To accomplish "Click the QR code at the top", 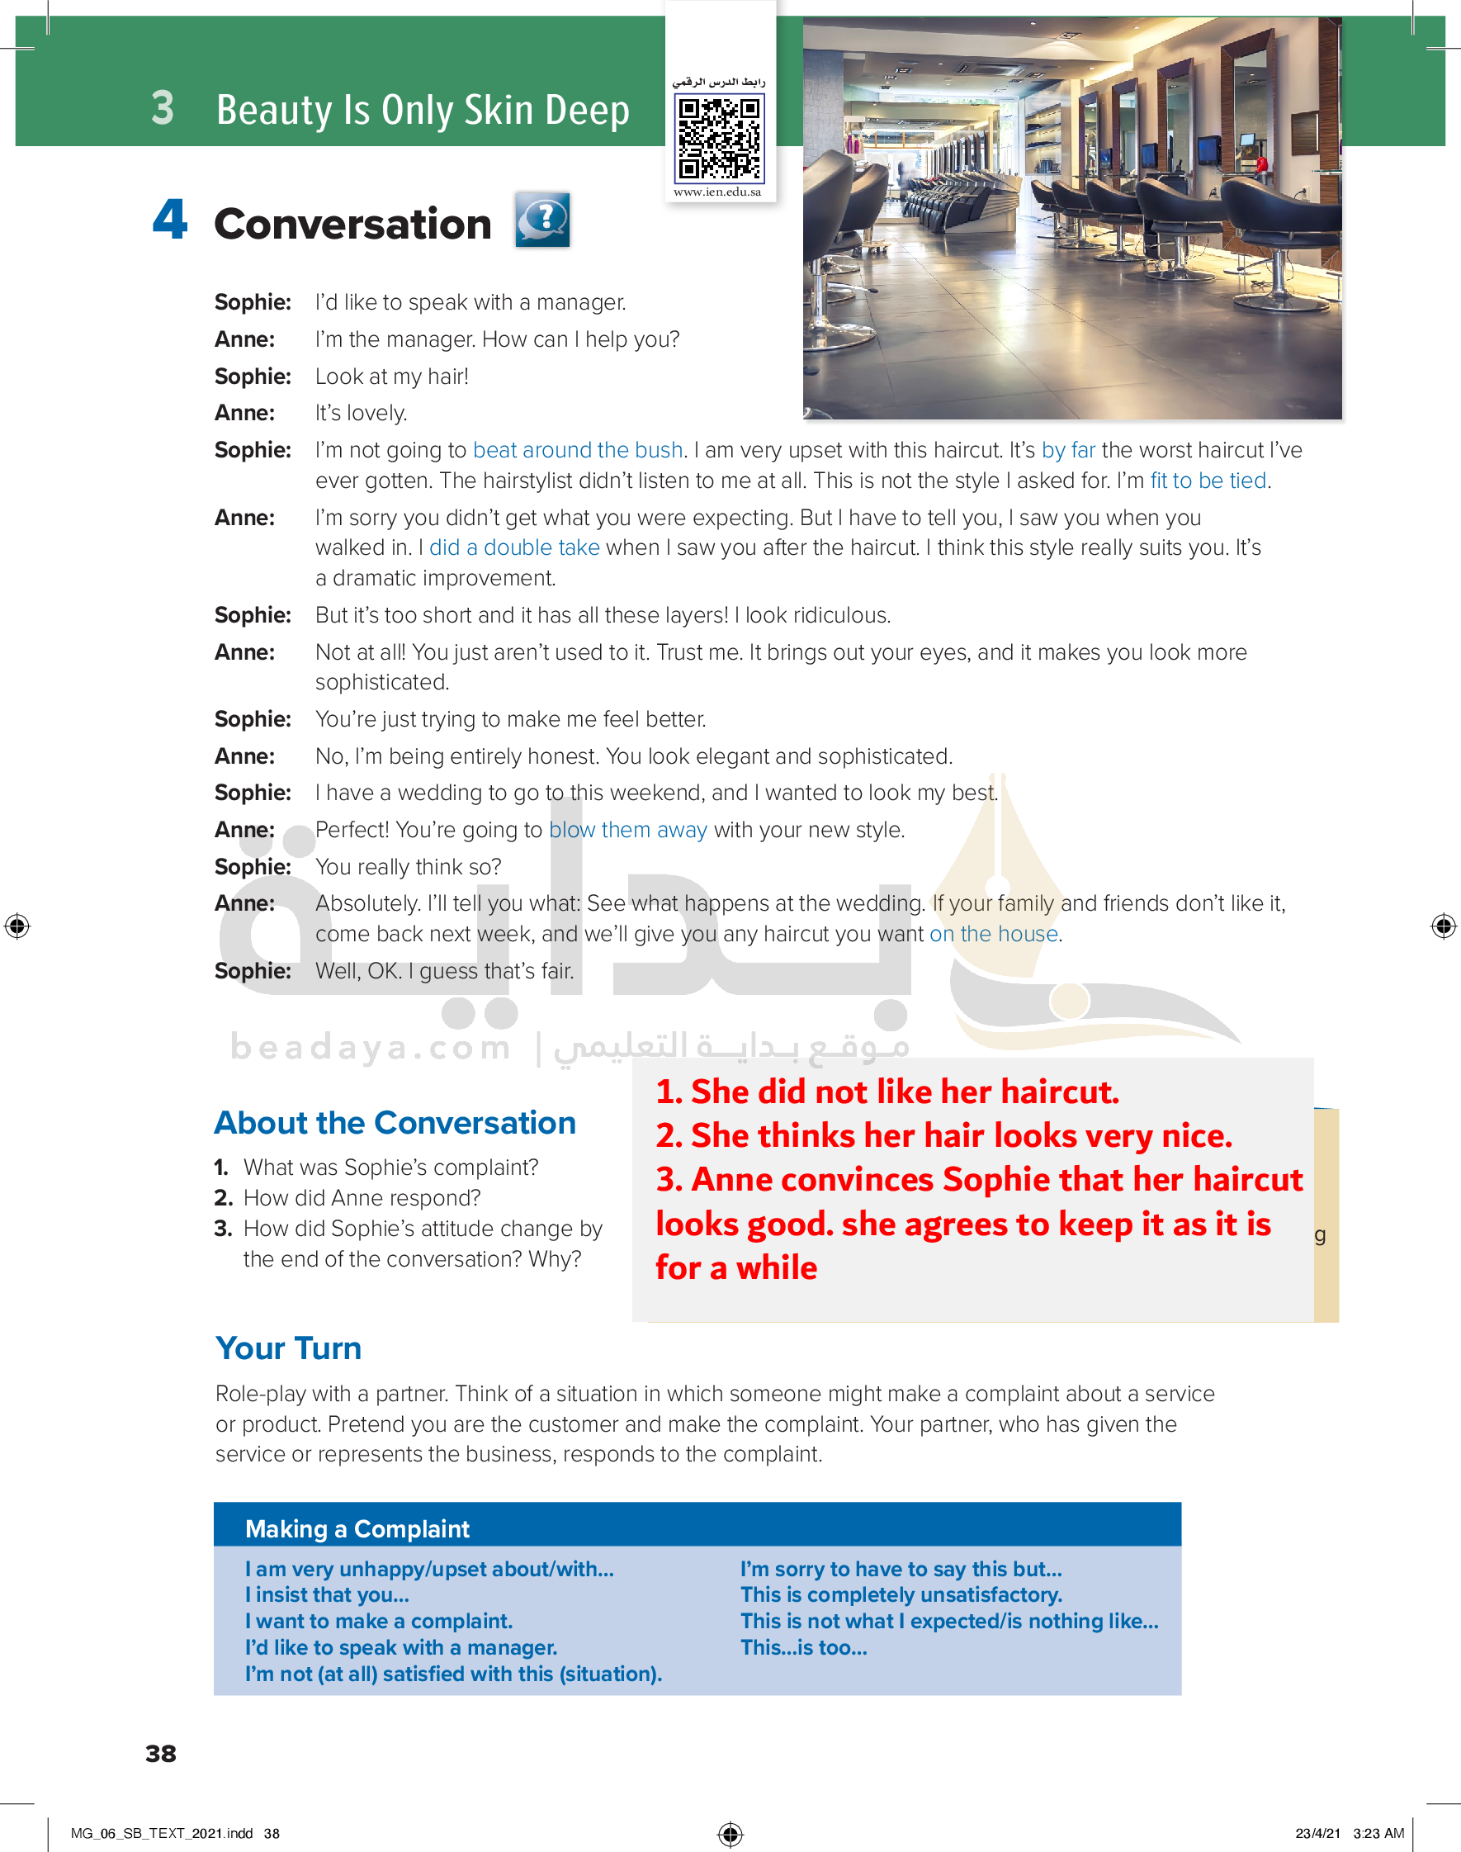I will tap(718, 138).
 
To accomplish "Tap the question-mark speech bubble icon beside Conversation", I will tap(542, 220).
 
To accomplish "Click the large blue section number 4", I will tap(170, 219).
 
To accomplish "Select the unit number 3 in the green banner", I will tap(163, 109).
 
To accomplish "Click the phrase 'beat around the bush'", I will tap(578, 450).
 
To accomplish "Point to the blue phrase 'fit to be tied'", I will tap(1207, 481).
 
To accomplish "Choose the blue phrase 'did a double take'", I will tap(514, 547).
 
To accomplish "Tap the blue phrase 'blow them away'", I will tap(627, 830).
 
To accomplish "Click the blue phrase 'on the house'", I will tap(993, 934).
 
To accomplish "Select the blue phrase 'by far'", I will tap(1067, 450).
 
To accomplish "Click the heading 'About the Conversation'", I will tap(395, 1122).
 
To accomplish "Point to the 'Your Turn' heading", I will tap(288, 1348).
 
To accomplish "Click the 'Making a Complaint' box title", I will tap(357, 1528).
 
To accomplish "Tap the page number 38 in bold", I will tap(161, 1754).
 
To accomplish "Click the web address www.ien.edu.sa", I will tap(716, 192).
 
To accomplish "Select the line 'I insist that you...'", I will tap(327, 1594).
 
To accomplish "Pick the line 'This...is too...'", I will tap(803, 1647).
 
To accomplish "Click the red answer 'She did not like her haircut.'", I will tap(887, 1092).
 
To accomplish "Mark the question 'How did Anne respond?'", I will tap(361, 1197).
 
